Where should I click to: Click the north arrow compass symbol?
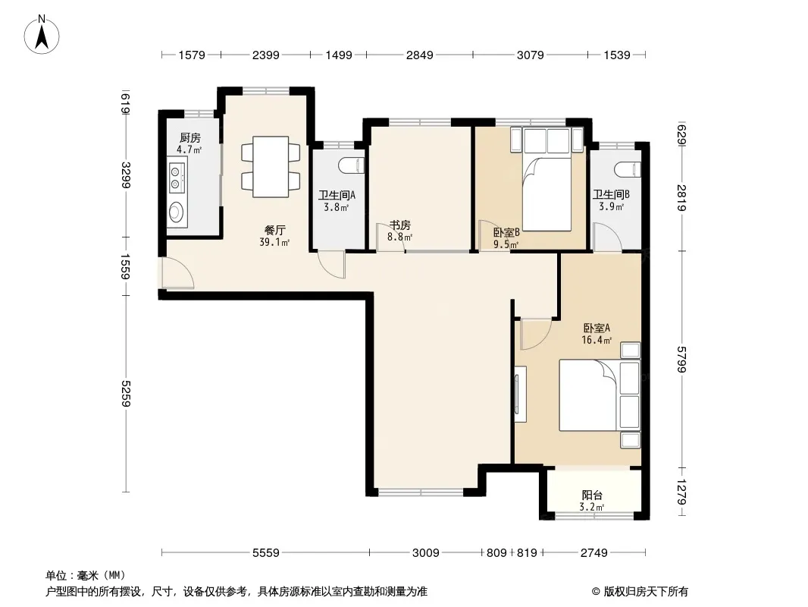tap(42, 35)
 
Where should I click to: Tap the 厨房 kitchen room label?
tap(189, 137)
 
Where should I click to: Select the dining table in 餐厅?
tap(271, 167)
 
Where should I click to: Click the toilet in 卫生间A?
tap(352, 165)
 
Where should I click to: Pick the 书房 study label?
tap(399, 225)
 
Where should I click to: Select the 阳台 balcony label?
tap(591, 495)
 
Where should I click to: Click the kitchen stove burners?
tap(177, 177)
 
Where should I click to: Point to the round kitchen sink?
tap(177, 212)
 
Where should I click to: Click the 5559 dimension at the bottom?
tap(266, 553)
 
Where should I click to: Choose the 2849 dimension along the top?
tap(419, 55)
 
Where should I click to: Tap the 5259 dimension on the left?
tap(126, 394)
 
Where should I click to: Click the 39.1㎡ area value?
tap(274, 242)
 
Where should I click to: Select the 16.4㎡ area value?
tap(597, 340)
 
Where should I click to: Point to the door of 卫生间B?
tap(607, 237)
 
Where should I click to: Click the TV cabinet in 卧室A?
tap(520, 394)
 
